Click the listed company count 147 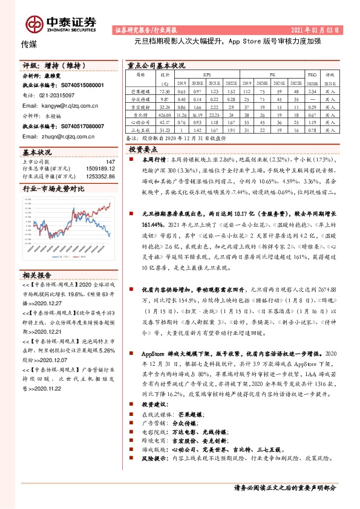(x=110, y=161)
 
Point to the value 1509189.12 (x=97, y=169)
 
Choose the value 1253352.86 (x=97, y=176)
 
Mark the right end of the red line (x=111, y=204)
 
